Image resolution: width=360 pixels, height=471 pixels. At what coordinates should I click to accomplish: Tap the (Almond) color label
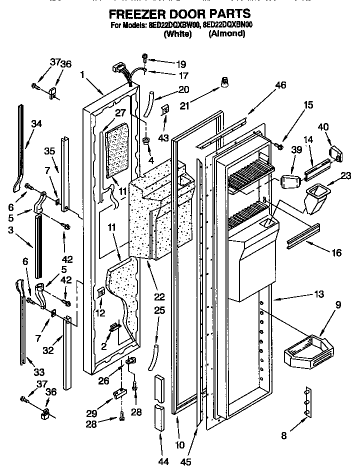(x=227, y=33)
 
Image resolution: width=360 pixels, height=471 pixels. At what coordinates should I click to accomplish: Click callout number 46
(x=280, y=85)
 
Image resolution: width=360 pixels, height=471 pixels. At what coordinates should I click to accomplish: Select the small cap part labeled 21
(x=224, y=81)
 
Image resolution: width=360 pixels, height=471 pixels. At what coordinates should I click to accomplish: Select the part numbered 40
(x=334, y=153)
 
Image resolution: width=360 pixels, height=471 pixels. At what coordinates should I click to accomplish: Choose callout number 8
(x=284, y=436)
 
